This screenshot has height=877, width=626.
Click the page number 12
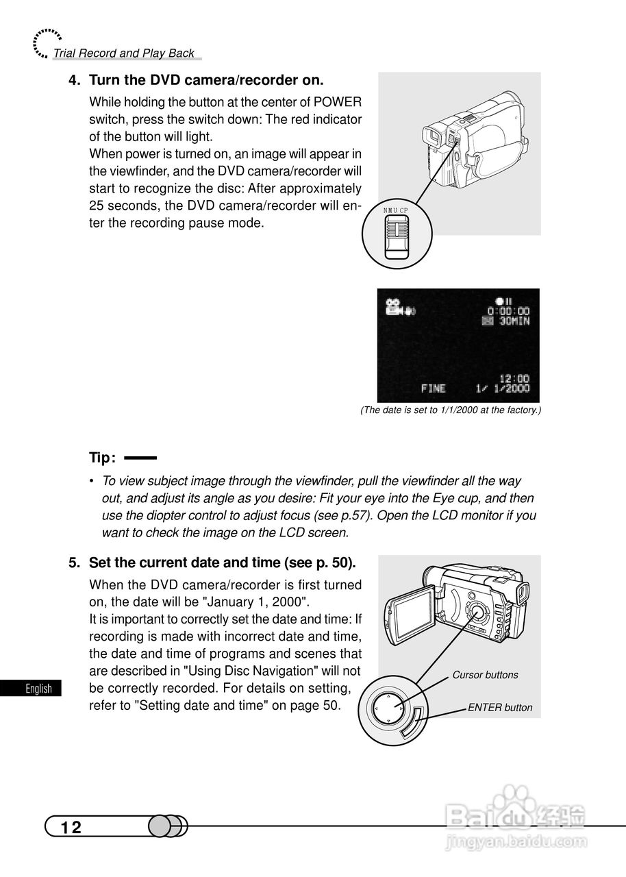[x=71, y=828]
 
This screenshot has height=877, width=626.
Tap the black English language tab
[x=31, y=689]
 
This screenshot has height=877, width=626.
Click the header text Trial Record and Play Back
[x=124, y=53]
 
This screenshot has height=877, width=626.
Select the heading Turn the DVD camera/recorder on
[x=206, y=80]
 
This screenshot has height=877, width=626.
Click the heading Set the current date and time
[x=222, y=563]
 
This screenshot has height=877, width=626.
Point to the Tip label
[x=102, y=458]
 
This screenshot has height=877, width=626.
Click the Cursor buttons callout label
[x=485, y=675]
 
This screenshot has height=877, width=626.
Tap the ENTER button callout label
[x=500, y=708]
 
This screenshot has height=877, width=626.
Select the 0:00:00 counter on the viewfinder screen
[x=508, y=311]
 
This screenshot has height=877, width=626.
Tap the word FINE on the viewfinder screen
[x=433, y=388]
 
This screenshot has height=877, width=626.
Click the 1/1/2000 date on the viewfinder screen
[x=503, y=388]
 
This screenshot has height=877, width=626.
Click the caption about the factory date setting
[x=451, y=410]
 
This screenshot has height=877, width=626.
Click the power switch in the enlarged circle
[x=396, y=237]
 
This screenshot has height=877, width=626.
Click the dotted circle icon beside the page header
[x=45, y=42]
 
